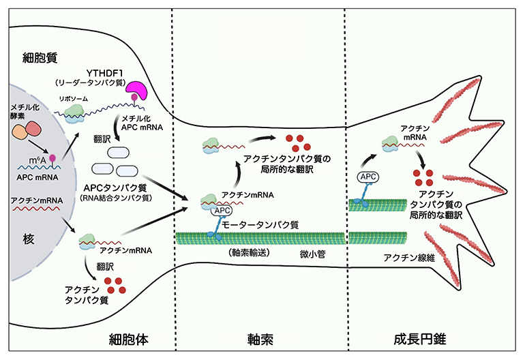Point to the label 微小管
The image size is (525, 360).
[x=313, y=254]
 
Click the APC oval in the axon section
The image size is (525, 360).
[x=220, y=211]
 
